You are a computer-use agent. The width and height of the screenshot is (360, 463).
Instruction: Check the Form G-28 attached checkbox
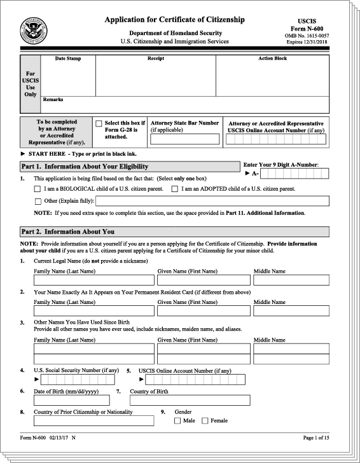click(99, 123)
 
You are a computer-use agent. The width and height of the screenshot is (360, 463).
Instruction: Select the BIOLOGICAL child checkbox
click(38, 189)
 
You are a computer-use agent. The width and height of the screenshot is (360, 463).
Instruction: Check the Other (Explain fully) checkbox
click(38, 202)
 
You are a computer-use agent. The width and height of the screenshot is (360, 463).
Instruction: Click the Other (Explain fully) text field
click(212, 201)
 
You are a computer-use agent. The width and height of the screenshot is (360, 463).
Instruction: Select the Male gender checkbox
click(177, 420)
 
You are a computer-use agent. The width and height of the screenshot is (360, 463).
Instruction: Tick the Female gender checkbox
click(205, 420)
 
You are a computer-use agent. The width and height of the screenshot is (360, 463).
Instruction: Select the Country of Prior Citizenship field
click(93, 420)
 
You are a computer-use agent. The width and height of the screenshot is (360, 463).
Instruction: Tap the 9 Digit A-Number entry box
click(294, 174)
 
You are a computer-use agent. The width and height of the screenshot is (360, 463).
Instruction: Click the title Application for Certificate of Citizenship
click(174, 20)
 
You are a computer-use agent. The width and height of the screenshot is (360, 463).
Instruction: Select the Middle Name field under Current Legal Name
click(291, 280)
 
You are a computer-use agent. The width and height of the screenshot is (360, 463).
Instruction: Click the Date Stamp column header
click(68, 59)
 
